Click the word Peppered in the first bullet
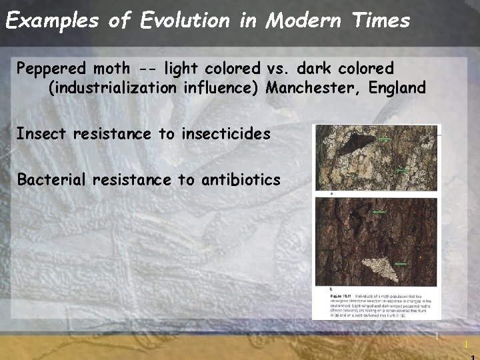[x=51, y=69]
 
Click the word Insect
[x=41, y=133]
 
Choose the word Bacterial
[x=51, y=179]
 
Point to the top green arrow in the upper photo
[x=384, y=139]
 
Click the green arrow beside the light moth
[x=400, y=264]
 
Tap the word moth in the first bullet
[x=111, y=69]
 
